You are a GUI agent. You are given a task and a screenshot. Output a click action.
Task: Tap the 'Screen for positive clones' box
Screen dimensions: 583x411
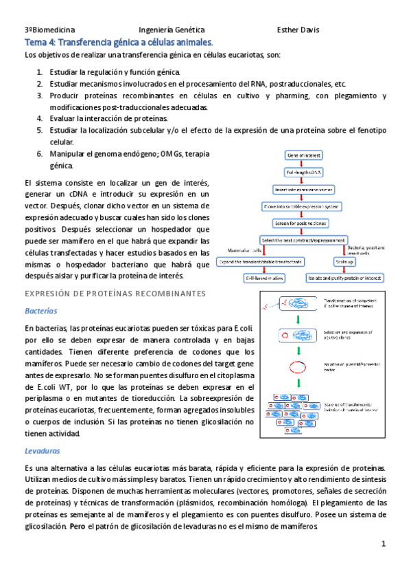click(301, 223)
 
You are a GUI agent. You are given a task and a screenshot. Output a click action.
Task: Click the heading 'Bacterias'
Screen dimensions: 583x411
click(41, 310)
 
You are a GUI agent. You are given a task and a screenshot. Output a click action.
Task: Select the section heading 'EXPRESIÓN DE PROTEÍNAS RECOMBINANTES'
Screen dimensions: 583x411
click(115, 294)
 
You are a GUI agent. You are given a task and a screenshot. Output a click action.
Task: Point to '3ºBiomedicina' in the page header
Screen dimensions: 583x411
click(50, 30)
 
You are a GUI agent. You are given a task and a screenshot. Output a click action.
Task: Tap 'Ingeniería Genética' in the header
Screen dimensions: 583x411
click(172, 30)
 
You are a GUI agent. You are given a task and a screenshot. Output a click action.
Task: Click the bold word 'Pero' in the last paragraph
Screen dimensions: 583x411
click(96, 527)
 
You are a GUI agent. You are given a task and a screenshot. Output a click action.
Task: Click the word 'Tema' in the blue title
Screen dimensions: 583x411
click(36, 43)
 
